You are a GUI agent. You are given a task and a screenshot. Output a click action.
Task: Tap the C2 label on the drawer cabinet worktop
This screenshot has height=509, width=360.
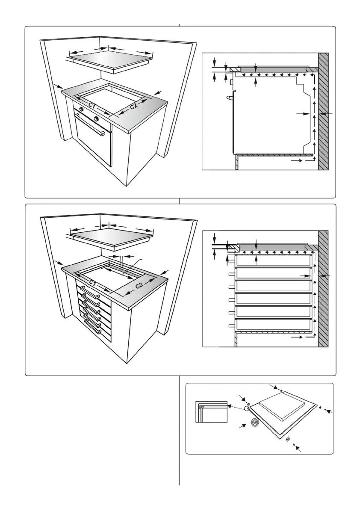(x=139, y=285)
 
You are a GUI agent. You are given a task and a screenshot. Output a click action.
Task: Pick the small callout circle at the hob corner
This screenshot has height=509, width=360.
(x=247, y=408)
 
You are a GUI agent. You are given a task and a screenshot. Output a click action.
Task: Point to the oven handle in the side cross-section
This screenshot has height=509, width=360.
(x=230, y=98)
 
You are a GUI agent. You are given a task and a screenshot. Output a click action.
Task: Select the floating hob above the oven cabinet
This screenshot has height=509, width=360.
(x=110, y=61)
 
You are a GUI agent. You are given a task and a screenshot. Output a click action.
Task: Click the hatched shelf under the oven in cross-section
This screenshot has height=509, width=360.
(x=274, y=155)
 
